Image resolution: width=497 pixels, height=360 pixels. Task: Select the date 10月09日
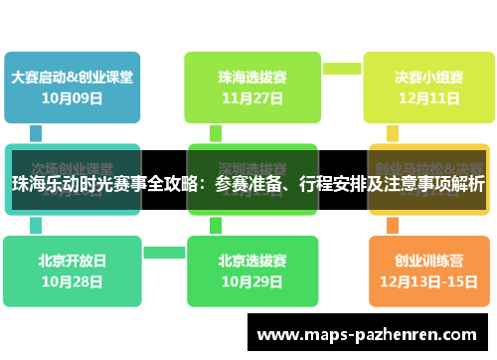coord(72,97)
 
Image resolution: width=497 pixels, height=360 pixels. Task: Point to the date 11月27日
coord(251,97)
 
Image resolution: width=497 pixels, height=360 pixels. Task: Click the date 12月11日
coord(428,97)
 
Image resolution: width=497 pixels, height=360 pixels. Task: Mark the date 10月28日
coord(72,281)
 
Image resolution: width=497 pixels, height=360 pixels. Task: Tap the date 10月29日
coord(251,281)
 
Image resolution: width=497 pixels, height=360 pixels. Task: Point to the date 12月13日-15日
coord(428,281)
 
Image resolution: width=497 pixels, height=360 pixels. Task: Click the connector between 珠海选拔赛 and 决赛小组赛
coord(342,68)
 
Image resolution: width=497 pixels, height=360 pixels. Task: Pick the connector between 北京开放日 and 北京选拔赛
coord(162,252)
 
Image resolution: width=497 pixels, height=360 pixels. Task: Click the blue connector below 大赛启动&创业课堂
coord(36,132)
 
